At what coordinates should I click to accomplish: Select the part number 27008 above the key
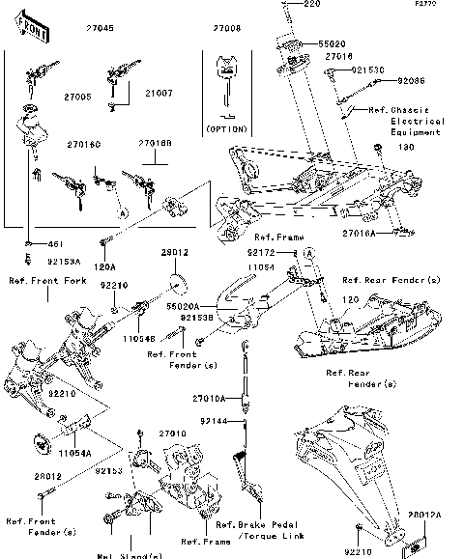point(227,29)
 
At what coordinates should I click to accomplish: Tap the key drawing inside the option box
point(227,79)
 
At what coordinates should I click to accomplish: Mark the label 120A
point(104,266)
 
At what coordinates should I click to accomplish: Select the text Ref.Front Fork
point(47,281)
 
